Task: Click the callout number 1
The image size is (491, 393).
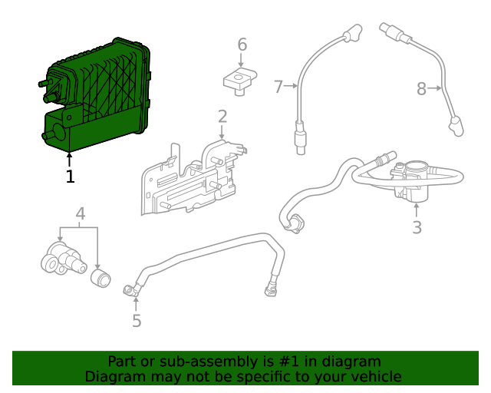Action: [70, 177]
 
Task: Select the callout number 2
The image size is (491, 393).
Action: [222, 117]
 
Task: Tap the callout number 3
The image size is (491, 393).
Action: [417, 227]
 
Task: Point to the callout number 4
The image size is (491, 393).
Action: [80, 214]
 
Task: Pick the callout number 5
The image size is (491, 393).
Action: [137, 320]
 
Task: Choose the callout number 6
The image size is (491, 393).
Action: [242, 45]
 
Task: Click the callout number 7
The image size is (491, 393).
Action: [278, 87]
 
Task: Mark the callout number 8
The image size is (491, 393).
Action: [421, 89]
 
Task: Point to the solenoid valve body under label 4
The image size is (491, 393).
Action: [61, 257]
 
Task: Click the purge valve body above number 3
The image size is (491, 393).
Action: [410, 180]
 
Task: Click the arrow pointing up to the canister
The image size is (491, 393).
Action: [70, 159]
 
